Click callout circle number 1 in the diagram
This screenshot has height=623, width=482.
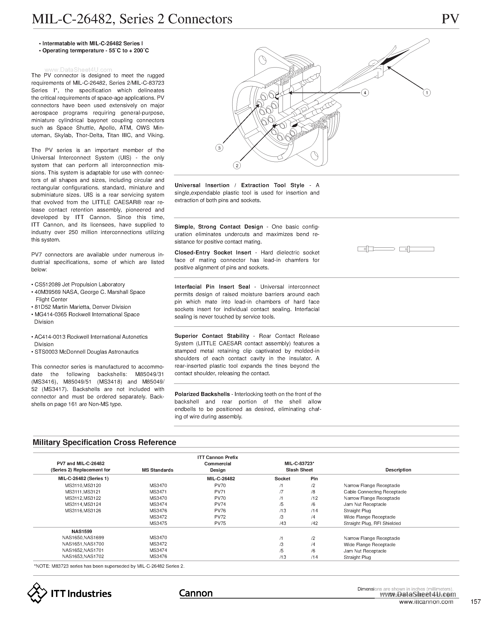coord(427,93)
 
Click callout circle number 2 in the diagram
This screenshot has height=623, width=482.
coord(237,165)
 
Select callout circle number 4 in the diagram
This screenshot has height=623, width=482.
coord(365,93)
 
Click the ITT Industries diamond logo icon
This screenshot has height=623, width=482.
coord(37,593)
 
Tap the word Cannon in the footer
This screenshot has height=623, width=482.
coord(196,593)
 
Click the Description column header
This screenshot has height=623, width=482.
coord(398,470)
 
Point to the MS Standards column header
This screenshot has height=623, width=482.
coord(158,470)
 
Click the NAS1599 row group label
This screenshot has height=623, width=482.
coord(82,531)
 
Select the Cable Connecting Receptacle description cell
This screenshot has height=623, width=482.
coord(375,492)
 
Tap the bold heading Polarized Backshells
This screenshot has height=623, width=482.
coord(202,394)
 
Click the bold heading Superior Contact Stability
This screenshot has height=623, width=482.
coord(212,336)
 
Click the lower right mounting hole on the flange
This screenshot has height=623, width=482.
coord(314,156)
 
